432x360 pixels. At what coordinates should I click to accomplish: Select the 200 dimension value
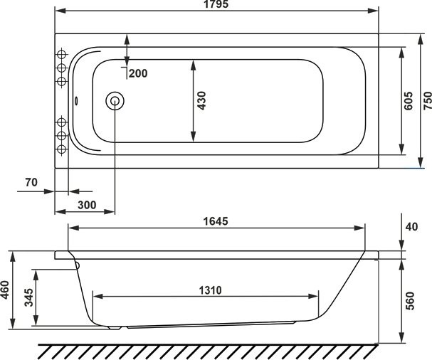pos(139,74)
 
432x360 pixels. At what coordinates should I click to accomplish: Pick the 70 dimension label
pos(31,182)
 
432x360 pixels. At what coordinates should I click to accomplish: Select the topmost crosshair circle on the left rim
pos(61,54)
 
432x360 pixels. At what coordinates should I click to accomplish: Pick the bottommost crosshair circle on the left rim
pos(61,149)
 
